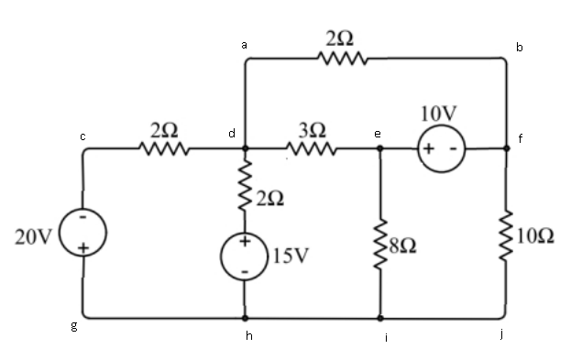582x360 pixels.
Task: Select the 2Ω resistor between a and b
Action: pyautogui.click(x=342, y=60)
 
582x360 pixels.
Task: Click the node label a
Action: pyautogui.click(x=244, y=43)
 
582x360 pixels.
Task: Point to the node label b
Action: pyautogui.click(x=520, y=47)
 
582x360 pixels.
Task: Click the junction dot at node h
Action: pyautogui.click(x=245, y=318)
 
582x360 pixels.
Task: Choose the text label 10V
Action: pyautogui.click(x=437, y=113)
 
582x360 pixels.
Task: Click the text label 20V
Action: pyautogui.click(x=33, y=236)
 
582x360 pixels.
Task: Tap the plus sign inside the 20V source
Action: pyautogui.click(x=82, y=248)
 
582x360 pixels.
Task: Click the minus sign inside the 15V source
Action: pyautogui.click(x=245, y=272)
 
